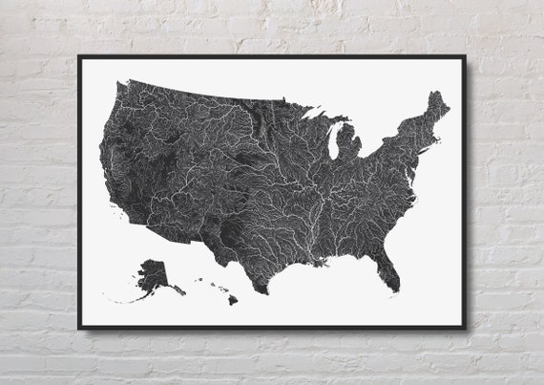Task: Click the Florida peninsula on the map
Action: click(x=387, y=272)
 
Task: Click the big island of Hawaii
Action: click(x=232, y=299)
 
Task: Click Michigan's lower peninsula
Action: click(x=349, y=143)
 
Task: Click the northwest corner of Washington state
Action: click(x=118, y=85)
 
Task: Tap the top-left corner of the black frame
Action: click(x=79, y=56)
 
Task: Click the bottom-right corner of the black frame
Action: click(x=465, y=328)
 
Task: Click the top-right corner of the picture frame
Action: click(x=465, y=56)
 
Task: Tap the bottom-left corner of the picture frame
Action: click(x=79, y=328)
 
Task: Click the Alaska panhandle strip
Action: click(x=178, y=289)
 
